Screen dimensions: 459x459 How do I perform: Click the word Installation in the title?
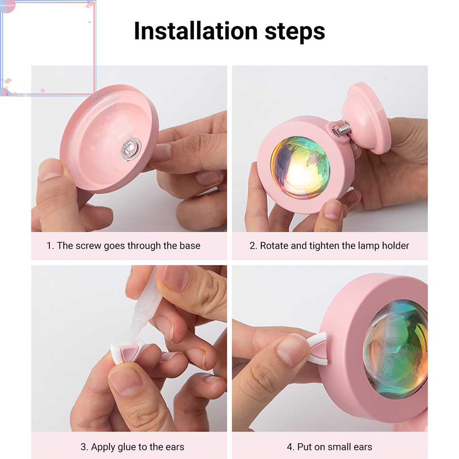(195, 31)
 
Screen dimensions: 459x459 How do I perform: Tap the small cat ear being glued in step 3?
(127, 351)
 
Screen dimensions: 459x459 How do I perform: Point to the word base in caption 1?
(190, 246)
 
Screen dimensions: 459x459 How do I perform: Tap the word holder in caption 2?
(395, 246)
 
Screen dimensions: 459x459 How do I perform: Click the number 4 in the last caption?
(289, 447)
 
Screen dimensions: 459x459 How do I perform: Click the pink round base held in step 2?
(367, 117)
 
